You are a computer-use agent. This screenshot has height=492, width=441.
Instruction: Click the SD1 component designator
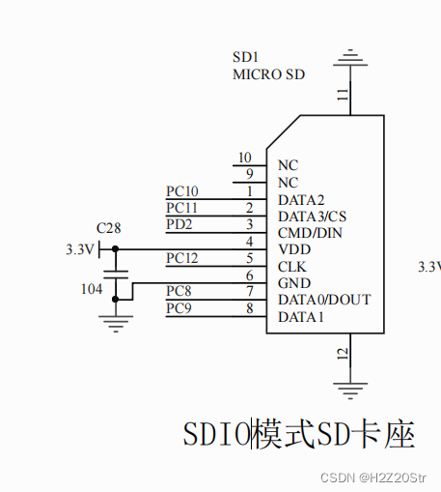coord(246,57)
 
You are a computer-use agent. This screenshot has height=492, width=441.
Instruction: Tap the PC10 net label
coord(181,191)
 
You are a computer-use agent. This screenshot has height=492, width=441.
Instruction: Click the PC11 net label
coord(181,207)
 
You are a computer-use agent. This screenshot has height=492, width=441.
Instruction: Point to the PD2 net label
coord(179,224)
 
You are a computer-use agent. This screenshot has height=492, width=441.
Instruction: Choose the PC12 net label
coord(181,258)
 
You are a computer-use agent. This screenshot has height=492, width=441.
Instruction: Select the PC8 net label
coord(179,291)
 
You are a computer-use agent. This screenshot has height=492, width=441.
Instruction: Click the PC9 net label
coord(179,307)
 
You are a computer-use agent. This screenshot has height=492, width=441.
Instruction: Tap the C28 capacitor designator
coord(108,227)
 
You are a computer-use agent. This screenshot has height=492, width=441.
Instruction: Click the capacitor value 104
coord(93,288)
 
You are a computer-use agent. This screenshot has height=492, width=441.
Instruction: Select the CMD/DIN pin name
coord(310,232)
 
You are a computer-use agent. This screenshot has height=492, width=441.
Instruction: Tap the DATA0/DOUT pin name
coord(323,300)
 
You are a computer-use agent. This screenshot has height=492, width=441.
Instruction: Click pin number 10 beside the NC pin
coord(244,158)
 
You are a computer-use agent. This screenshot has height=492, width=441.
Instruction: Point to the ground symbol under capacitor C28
coord(117,324)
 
